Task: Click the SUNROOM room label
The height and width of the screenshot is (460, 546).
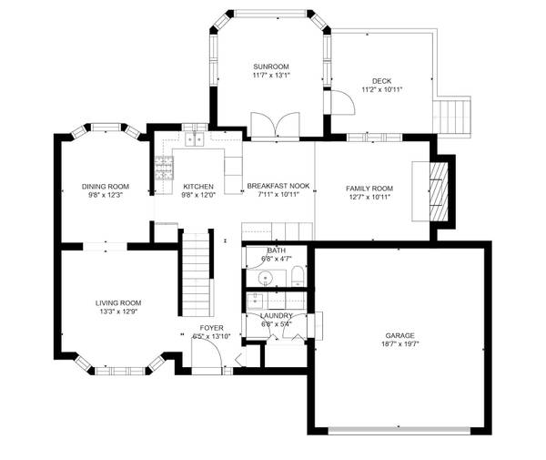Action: pyautogui.click(x=270, y=66)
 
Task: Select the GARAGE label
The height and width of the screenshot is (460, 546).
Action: pyautogui.click(x=399, y=335)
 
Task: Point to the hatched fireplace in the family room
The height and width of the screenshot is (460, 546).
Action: pyautogui.click(x=439, y=189)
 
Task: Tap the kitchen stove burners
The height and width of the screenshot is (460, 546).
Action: pyautogui.click(x=164, y=170)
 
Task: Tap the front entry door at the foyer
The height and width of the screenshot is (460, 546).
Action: pyautogui.click(x=207, y=360)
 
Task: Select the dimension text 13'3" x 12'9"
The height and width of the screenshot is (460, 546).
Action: pyautogui.click(x=118, y=312)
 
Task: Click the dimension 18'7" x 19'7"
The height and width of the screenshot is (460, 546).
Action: pyautogui.click(x=399, y=344)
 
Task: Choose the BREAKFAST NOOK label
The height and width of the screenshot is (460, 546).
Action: pyautogui.click(x=278, y=186)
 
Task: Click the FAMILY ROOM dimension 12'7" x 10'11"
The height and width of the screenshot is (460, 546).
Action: pyautogui.click(x=369, y=196)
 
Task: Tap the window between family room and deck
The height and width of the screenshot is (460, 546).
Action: pyautogui.click(x=367, y=138)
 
